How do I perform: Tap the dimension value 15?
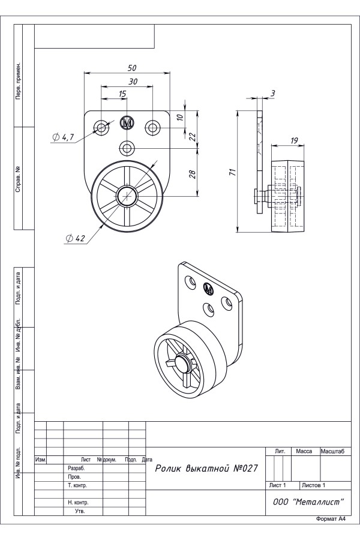(122, 94)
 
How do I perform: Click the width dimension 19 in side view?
(294, 140)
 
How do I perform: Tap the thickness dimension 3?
(272, 93)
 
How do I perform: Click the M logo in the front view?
(127, 123)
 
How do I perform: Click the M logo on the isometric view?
(208, 289)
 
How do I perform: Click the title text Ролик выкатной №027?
(206, 468)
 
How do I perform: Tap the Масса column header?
(305, 451)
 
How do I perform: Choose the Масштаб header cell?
(336, 451)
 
